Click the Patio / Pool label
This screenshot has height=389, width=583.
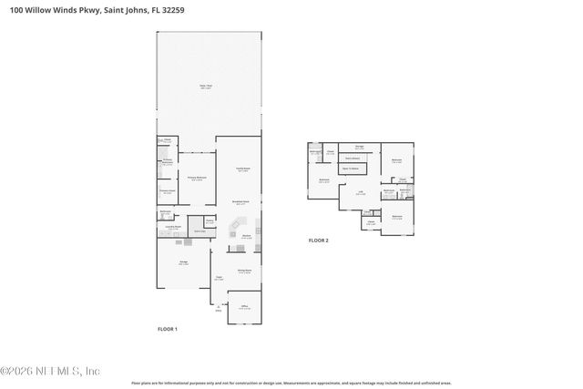click(206, 87)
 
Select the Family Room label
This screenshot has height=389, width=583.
click(243, 169)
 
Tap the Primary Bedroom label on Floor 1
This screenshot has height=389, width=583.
click(196, 179)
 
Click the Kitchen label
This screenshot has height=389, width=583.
click(246, 237)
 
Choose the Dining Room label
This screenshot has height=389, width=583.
click(244, 271)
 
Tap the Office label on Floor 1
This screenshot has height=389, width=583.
click(243, 308)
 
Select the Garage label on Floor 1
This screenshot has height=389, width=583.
click(183, 264)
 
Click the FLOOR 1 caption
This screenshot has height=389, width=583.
click(168, 329)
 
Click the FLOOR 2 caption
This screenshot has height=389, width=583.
click(318, 241)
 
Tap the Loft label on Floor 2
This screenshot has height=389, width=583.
click(360, 192)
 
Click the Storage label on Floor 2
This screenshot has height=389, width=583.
click(360, 147)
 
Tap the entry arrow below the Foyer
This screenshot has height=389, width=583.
click(218, 307)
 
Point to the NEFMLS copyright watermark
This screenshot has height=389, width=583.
click(50, 370)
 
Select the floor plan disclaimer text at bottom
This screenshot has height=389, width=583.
click(291, 384)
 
